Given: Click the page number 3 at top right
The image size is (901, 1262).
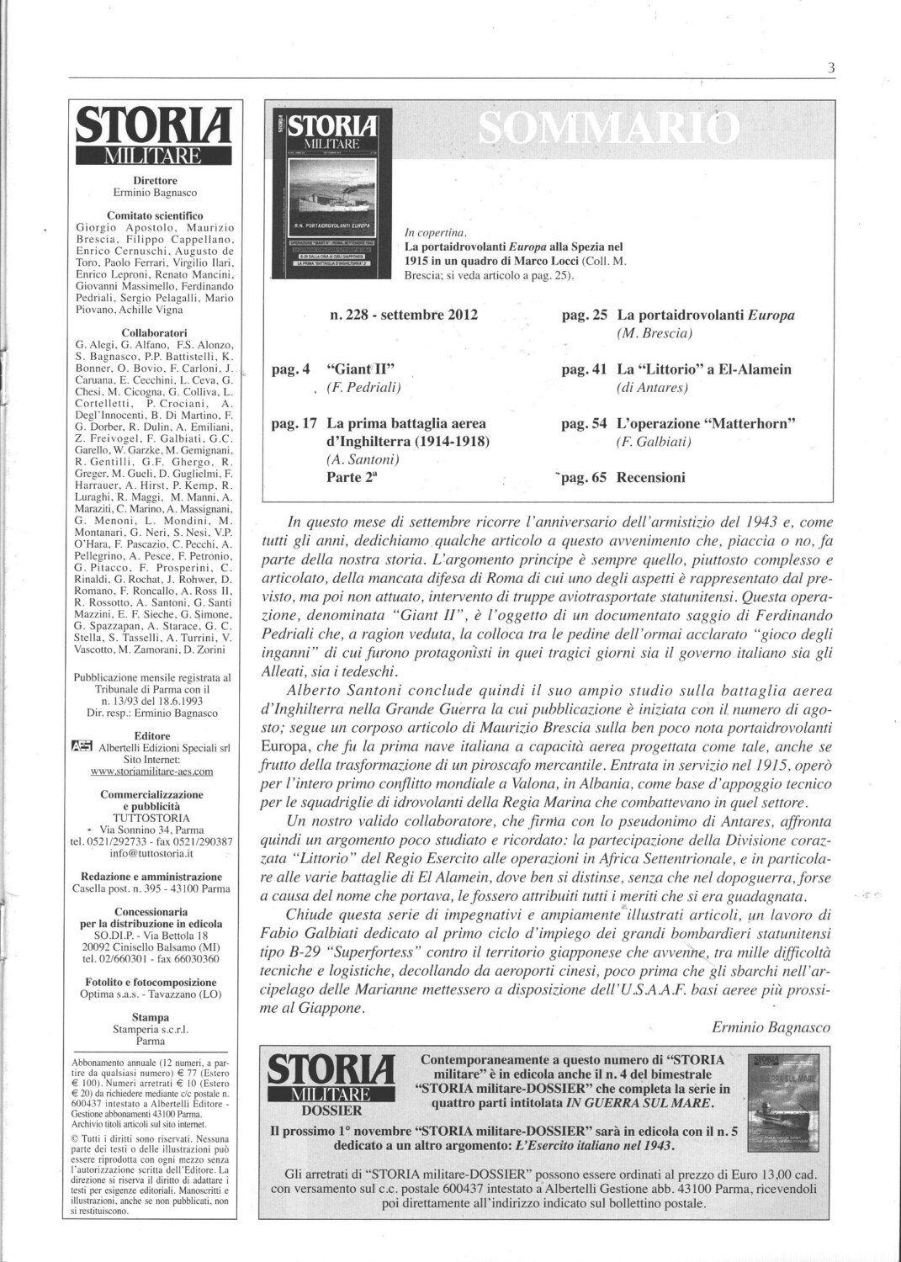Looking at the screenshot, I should click(830, 70).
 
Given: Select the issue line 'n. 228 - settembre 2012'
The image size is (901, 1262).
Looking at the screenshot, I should click(404, 315).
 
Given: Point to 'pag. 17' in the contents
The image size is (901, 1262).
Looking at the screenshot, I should click(294, 423).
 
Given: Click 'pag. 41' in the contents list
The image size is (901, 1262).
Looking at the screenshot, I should click(584, 369).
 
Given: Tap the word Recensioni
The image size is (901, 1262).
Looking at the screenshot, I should click(651, 477).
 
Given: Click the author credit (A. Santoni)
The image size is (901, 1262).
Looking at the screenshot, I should click(363, 459).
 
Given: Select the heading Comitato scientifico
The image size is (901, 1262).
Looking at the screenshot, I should click(155, 215).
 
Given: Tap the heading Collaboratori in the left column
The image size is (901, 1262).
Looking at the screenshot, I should click(154, 332).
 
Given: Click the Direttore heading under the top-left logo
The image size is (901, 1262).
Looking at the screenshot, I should click(155, 180).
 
